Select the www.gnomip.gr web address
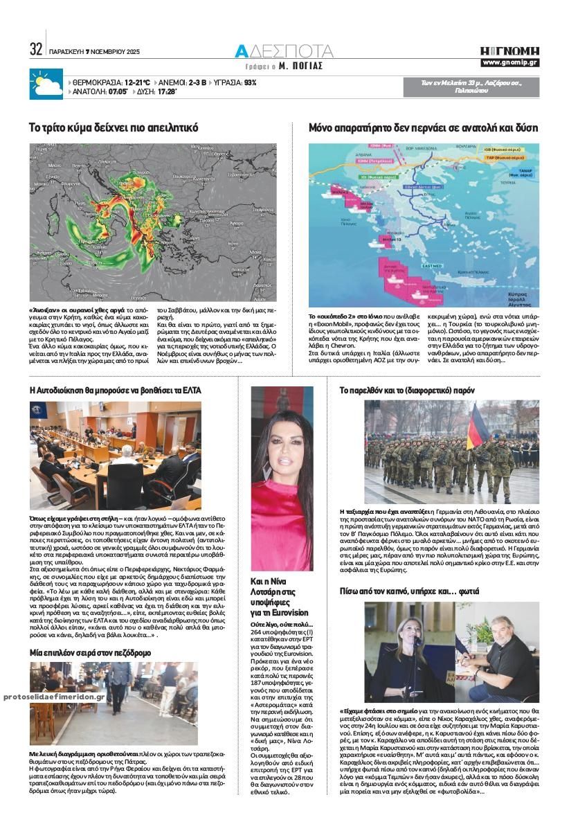pos(510,63)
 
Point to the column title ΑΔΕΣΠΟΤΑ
pos(284,51)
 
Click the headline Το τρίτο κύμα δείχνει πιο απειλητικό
pos(114,128)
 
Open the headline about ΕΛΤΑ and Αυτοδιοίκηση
pos(116,391)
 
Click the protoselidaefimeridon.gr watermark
pos(54,697)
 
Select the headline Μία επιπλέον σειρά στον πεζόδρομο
pos(91,652)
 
